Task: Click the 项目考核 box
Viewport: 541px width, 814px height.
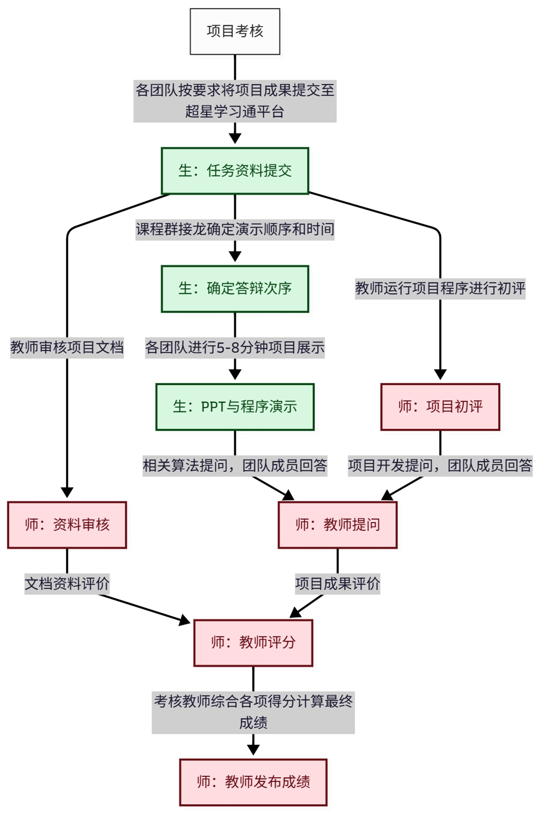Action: coord(235,32)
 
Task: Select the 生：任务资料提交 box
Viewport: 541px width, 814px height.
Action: coord(235,171)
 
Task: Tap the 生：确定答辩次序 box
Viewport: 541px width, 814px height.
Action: coord(235,289)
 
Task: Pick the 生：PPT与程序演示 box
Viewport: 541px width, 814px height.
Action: coord(235,407)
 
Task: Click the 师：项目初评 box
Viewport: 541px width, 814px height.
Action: coord(440,407)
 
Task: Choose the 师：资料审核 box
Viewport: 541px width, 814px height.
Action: coord(67,525)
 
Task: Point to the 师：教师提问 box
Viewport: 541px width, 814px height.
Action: coord(337,525)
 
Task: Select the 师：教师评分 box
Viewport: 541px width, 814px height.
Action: coord(253,643)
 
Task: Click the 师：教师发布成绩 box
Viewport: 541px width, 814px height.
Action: coord(253,782)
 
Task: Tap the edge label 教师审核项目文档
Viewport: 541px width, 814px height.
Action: coord(67,347)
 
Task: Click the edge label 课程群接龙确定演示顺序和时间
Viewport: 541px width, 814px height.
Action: coord(235,230)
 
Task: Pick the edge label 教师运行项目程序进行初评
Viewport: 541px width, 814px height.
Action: coord(440,289)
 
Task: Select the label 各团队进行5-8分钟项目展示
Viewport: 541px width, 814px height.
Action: coord(235,347)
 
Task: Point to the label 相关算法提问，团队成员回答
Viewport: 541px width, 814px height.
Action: coord(235,466)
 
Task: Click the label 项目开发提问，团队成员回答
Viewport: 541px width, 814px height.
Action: coord(440,466)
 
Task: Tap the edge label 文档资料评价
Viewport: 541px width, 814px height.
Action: coord(67,584)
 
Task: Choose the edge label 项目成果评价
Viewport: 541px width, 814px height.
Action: coord(337,584)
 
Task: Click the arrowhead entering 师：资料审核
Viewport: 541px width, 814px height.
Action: coord(67,492)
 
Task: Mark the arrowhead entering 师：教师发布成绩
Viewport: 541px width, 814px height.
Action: coord(253,750)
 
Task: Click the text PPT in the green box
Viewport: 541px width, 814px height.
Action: coord(211,407)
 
